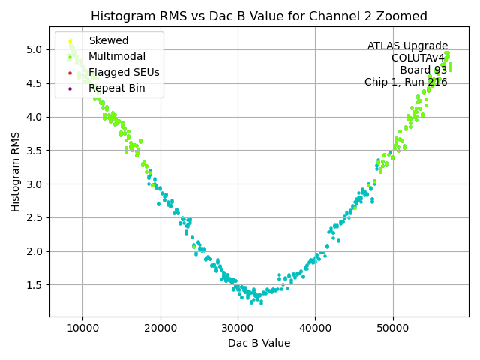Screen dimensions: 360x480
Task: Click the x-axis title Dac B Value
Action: pyautogui.click(x=259, y=343)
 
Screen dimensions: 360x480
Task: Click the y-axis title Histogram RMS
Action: pyautogui.click(x=16, y=172)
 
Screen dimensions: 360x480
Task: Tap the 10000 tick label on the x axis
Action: pyautogui.click(x=82, y=328)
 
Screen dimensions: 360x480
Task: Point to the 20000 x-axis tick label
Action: pyautogui.click(x=160, y=328)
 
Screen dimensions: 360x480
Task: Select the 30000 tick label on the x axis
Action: pyautogui.click(x=238, y=328)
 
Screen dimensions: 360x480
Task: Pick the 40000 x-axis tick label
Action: pyautogui.click(x=315, y=328)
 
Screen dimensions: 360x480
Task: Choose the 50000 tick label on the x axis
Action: pyautogui.click(x=392, y=328)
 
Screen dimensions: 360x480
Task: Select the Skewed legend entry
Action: pyautogui.click(x=108, y=40)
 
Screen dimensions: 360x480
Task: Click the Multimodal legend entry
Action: pyautogui.click(x=117, y=56)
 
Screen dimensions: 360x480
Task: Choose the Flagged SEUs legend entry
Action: pyautogui.click(x=124, y=72)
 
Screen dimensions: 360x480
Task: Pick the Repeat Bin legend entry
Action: pyautogui.click(x=116, y=88)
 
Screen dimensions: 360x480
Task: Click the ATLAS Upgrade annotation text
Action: pyautogui.click(x=407, y=46)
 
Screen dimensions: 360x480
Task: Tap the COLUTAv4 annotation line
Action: pyautogui.click(x=418, y=58)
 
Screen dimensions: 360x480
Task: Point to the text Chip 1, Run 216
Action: pyautogui.click(x=406, y=82)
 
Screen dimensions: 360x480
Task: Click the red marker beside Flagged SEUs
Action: pyautogui.click(x=70, y=73)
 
